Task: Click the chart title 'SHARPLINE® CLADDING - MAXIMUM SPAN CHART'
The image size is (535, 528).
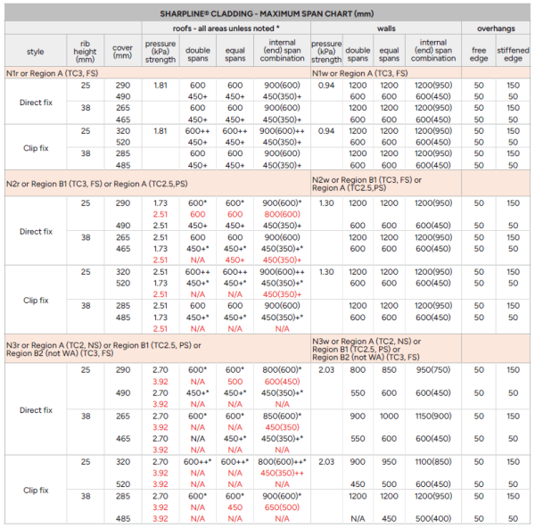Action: tap(267, 14)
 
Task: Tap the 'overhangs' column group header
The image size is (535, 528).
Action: tap(495, 29)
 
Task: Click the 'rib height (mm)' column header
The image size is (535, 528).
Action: tap(86, 49)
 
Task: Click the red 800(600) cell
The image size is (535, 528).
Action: tap(280, 214)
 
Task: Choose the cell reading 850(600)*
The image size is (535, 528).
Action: tap(280, 416)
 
